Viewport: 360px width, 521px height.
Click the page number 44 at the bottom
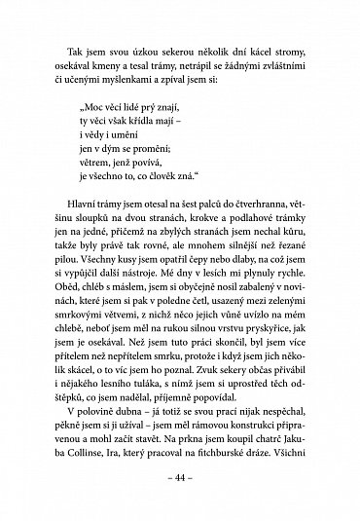[x=180, y=482]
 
